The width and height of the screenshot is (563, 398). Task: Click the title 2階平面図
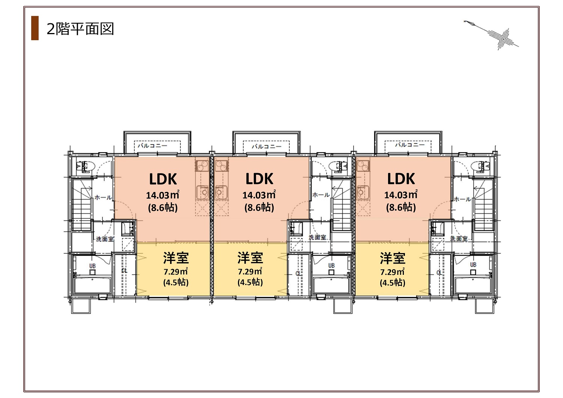pos(80,29)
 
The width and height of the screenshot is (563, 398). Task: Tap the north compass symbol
pos(491,35)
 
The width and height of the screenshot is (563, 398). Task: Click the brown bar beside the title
pos(35,28)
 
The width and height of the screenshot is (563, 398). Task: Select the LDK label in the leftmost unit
pos(163,179)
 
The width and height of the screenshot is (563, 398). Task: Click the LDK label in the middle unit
pos(259,179)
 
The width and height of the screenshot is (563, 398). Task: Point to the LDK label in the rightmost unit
pos(401,179)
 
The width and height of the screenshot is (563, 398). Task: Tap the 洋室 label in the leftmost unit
pos(176,258)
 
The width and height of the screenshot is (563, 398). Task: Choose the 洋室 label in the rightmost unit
pos(392,258)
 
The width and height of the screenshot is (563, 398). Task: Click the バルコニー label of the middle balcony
pos(266,146)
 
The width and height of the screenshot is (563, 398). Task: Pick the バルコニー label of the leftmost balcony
pos(152,146)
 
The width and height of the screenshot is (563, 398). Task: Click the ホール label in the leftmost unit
pos(103,197)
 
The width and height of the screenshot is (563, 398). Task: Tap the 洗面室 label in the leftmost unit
pos(105,239)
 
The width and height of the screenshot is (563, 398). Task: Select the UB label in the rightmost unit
pos(473,265)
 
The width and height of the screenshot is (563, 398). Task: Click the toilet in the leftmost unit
pos(86,166)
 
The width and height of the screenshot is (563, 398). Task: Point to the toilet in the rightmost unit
pos(480,166)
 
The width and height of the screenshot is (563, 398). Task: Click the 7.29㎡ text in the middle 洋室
pos(250,271)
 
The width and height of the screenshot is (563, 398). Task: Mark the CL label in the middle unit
pos(298,274)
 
